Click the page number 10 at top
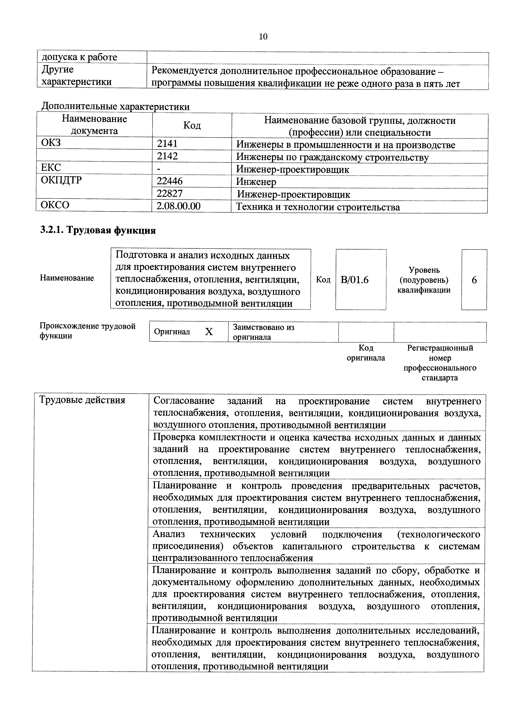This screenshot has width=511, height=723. (x=263, y=37)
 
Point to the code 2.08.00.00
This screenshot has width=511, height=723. (x=178, y=206)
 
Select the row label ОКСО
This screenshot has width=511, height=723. (x=55, y=205)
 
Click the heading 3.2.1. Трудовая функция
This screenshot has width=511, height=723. (x=98, y=230)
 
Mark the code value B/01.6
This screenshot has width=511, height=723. (x=355, y=280)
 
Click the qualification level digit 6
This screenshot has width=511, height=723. (x=474, y=280)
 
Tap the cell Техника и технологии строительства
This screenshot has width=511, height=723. (x=318, y=207)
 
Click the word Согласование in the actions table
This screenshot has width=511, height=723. (x=184, y=401)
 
